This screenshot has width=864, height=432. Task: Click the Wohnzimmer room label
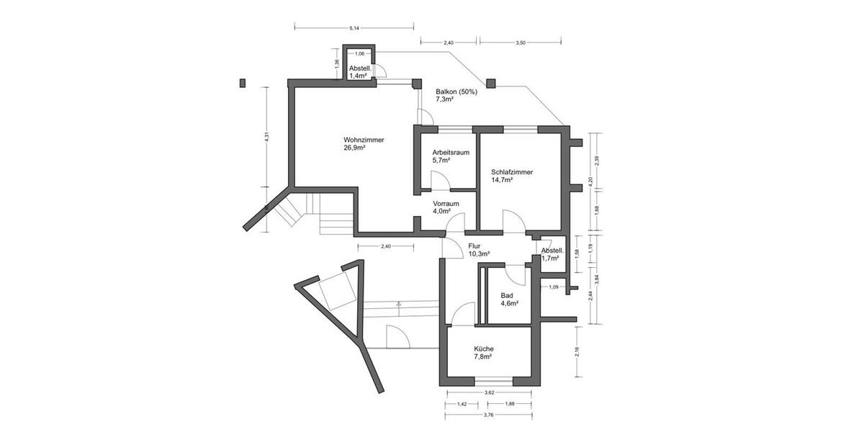364,140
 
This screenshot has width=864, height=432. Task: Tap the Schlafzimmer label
512,172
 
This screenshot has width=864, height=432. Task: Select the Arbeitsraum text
451,153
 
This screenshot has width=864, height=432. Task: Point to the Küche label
483,348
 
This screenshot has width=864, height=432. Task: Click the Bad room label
507,295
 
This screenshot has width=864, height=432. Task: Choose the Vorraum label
446,204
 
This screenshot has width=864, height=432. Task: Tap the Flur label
474,246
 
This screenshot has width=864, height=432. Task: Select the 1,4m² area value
359,76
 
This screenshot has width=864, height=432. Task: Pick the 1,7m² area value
550,258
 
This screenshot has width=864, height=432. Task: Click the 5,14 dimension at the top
354,28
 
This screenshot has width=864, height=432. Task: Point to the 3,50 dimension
521,43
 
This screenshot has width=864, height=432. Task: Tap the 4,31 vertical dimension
267,135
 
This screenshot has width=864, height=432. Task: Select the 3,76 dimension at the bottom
489,415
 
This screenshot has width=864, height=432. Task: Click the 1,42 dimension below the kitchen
462,404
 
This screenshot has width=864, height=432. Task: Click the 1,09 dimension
554,287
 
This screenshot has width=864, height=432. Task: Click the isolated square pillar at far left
243,82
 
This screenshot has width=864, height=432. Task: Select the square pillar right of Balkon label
491,84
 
